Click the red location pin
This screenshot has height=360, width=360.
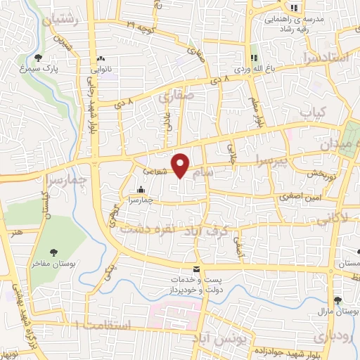coord(181,165)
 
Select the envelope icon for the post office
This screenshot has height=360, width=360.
coord(196,269)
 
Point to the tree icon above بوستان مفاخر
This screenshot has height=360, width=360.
coord(54,251)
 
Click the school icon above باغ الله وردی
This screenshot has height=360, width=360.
coord(255,58)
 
